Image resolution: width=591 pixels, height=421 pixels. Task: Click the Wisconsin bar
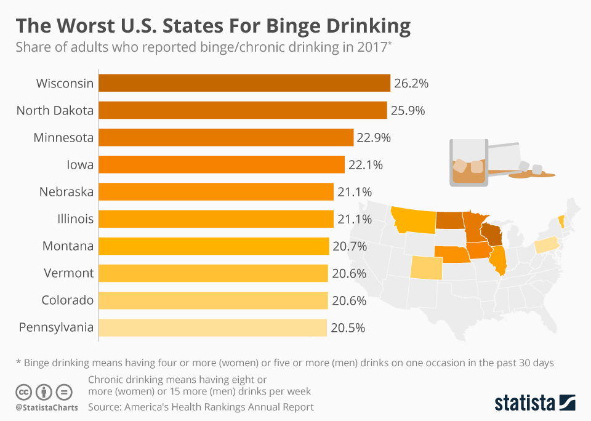click(244, 83)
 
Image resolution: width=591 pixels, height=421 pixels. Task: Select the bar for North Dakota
click(243, 110)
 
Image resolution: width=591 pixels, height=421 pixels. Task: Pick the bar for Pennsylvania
click(212, 327)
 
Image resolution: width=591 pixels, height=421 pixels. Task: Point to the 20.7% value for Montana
click(350, 246)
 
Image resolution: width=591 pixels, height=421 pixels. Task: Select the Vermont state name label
click(68, 273)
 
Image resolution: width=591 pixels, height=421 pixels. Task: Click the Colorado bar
click(213, 300)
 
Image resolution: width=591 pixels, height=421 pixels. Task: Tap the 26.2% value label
click(411, 83)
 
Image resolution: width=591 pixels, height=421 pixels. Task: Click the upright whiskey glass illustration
click(468, 161)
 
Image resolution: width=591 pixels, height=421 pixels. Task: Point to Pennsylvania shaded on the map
click(545, 246)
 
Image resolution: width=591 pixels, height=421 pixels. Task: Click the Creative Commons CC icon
click(23, 391)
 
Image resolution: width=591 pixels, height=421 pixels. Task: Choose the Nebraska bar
click(216, 192)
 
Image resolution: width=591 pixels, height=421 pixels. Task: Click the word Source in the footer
click(104, 407)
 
